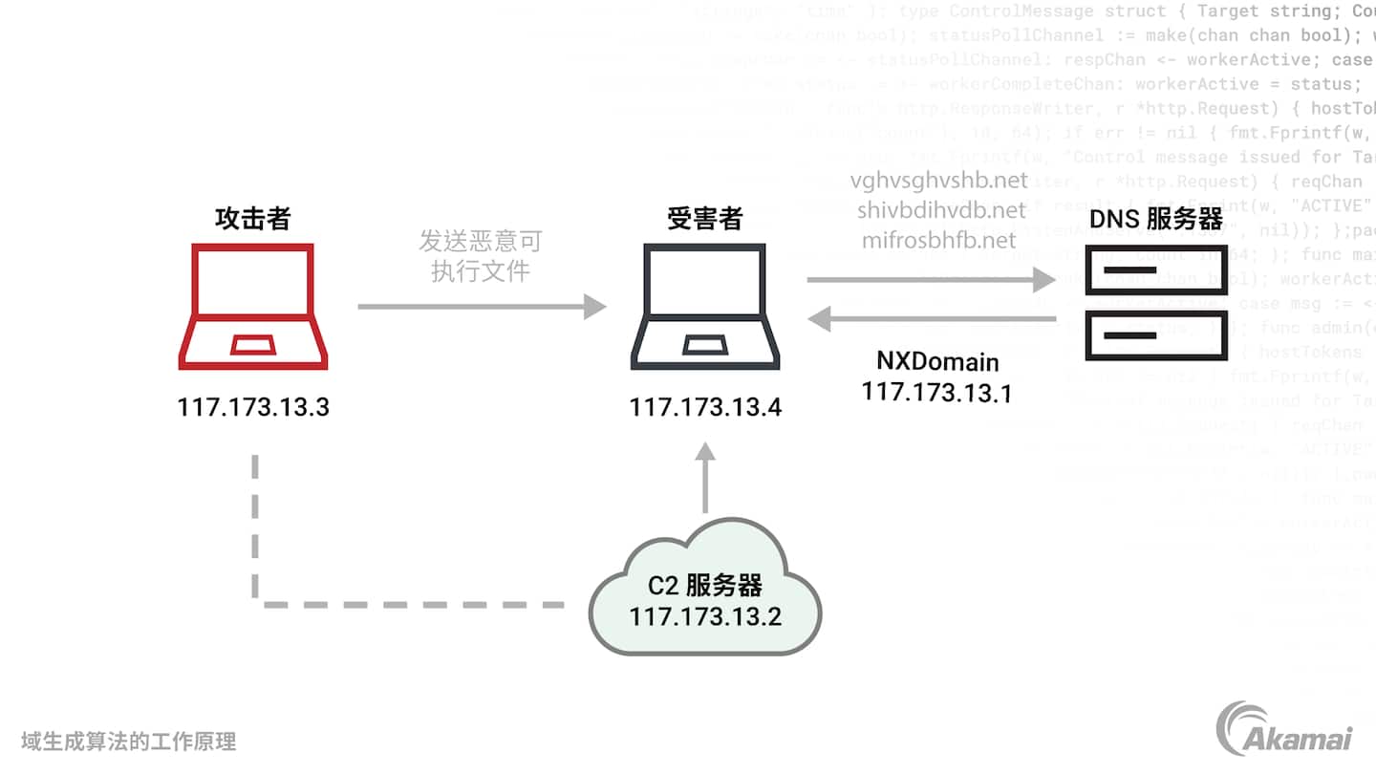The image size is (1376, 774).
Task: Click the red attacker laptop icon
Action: click(x=253, y=306)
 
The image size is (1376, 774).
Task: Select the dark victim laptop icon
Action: click(x=705, y=306)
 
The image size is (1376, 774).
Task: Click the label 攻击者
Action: click(x=252, y=219)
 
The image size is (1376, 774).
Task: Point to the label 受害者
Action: click(x=704, y=219)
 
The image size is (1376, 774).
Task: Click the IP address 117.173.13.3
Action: click(x=253, y=408)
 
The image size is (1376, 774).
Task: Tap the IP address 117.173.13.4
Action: click(x=705, y=408)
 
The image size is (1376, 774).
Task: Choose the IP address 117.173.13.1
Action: click(x=936, y=393)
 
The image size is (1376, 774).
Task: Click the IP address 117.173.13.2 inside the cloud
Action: click(x=705, y=616)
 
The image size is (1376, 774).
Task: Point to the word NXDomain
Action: click(x=937, y=362)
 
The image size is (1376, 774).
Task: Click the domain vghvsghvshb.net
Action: click(x=939, y=181)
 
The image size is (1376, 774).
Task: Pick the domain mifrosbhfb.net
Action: click(x=939, y=239)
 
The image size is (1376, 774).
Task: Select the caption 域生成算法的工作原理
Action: click(x=129, y=741)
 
